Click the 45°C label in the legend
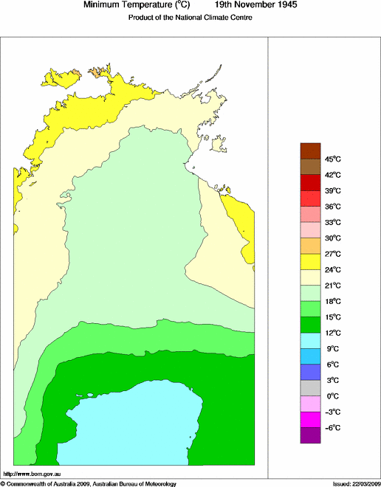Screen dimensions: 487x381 (x=332, y=159)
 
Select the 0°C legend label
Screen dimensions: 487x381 (x=332, y=396)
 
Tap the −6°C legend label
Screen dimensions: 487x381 (x=332, y=428)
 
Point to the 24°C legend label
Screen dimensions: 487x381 (x=332, y=270)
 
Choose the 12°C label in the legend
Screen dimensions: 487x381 (x=332, y=333)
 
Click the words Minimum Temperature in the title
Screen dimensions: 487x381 (x=128, y=5)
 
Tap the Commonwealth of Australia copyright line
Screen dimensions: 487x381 (x=89, y=483)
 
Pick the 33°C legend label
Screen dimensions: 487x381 (x=332, y=222)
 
